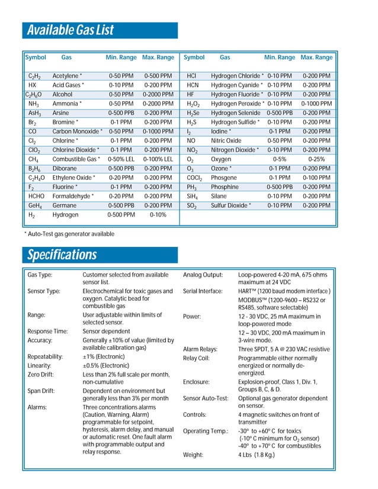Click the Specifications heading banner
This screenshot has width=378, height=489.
62,255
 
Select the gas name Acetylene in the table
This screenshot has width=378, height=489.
66,76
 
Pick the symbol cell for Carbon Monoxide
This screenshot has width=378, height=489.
33,131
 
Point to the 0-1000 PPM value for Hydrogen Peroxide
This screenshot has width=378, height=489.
317,104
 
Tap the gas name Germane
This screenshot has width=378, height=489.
65,205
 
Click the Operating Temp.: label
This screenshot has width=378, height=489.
206,431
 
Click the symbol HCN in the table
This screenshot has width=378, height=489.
192,85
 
